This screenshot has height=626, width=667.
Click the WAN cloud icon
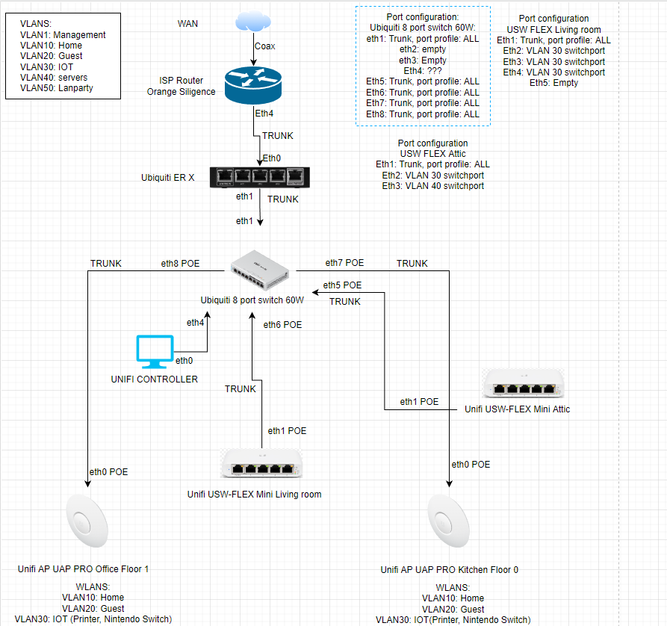point(255,22)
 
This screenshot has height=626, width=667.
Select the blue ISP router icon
point(255,87)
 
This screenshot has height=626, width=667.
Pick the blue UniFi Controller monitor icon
point(155,352)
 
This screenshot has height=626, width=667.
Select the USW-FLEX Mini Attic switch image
point(523,383)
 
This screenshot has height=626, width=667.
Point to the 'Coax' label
point(265,46)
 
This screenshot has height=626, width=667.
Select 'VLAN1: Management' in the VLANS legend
point(63,35)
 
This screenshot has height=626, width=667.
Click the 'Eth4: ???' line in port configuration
point(422,70)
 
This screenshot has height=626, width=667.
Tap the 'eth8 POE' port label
point(181,263)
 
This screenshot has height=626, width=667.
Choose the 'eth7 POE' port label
point(344,263)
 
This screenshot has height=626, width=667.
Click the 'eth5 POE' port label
point(342,285)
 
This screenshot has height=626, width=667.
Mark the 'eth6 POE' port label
point(282,325)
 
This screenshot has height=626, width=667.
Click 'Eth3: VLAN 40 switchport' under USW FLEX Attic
point(432,185)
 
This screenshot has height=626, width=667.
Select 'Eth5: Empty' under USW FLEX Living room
point(553,83)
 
